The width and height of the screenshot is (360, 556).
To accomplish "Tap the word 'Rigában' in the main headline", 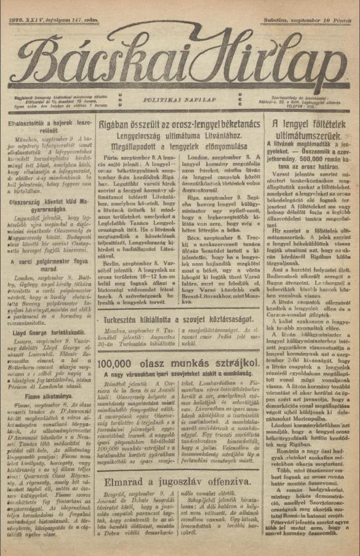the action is point(119,125).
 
